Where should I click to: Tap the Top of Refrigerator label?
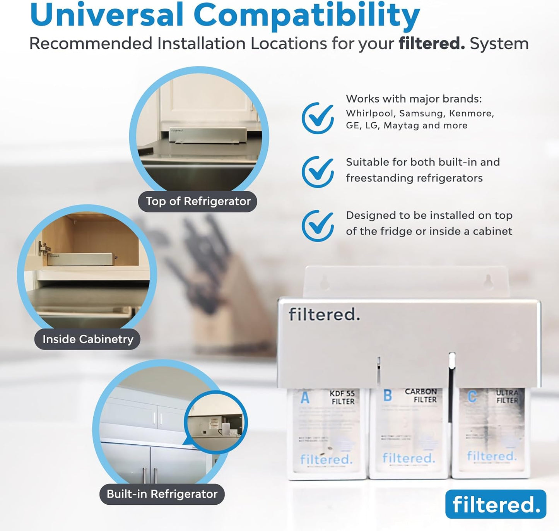coord(198,201)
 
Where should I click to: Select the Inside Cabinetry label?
coord(88,339)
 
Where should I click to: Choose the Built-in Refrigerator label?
coord(162,494)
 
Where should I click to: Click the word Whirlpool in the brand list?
coord(370,113)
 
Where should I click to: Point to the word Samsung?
coord(421,113)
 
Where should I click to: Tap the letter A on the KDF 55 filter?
coord(305,397)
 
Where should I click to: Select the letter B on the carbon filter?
coord(387,396)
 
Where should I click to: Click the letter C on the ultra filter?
coord(472,396)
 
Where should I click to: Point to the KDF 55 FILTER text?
coord(342,397)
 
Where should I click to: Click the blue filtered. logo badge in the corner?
coord(496,504)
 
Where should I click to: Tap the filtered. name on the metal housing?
coord(324,314)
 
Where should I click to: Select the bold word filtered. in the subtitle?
coord(431,43)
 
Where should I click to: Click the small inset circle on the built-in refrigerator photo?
coord(215,422)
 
